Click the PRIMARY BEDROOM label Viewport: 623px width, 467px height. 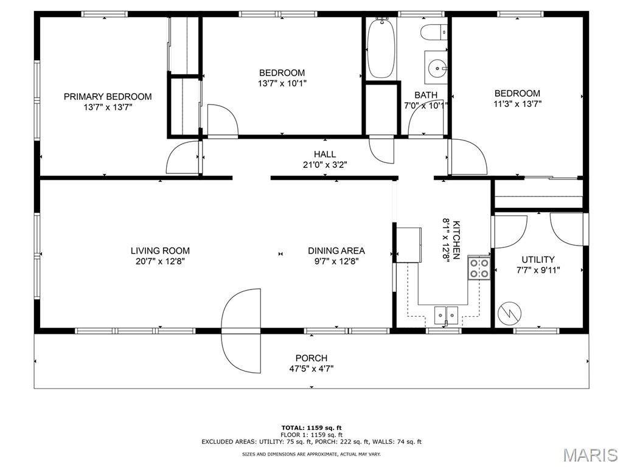click(x=108, y=97)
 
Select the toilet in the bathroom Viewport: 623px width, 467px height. click(x=434, y=32)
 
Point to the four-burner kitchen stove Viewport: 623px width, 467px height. click(x=479, y=268)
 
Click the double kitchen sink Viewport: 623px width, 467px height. click(x=446, y=315)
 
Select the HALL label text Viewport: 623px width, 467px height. click(x=325, y=154)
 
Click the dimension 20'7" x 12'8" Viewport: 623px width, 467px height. click(x=160, y=261)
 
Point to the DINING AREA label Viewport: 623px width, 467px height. click(x=336, y=251)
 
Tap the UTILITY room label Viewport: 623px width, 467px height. click(x=538, y=260)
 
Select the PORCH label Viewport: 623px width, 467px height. click(x=311, y=358)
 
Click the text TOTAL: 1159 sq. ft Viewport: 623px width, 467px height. click(x=311, y=427)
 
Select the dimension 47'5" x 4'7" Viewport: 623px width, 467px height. click(x=311, y=368)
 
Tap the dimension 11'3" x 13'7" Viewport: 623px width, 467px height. click(x=518, y=104)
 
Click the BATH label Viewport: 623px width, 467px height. click(x=426, y=95)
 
